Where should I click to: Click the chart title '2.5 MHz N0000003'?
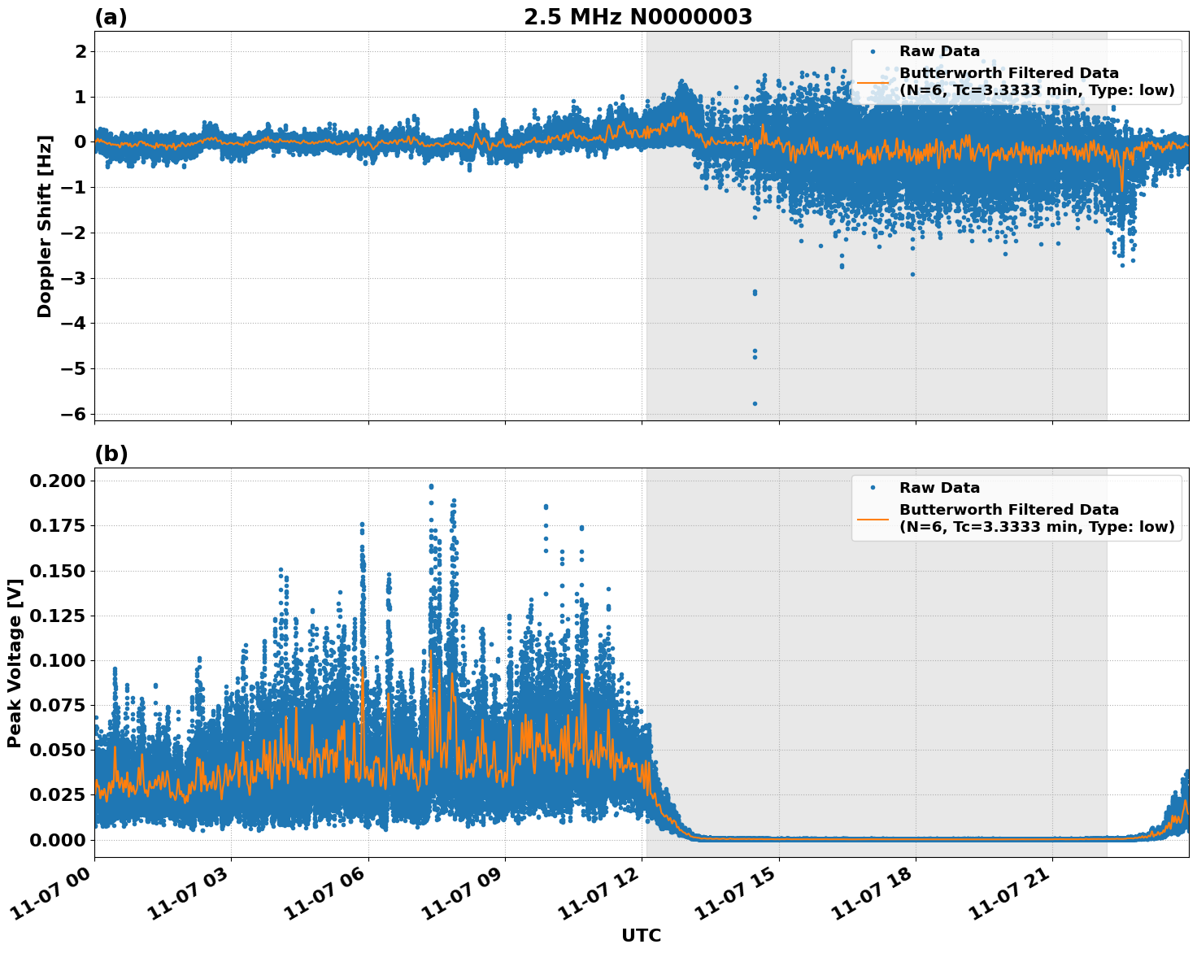pyautogui.click(x=638, y=17)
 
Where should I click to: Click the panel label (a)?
pyautogui.click(x=111, y=17)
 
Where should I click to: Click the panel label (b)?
pyautogui.click(x=111, y=454)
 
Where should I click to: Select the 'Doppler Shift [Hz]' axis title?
pyautogui.click(x=45, y=226)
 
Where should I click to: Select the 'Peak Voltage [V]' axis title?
pyautogui.click(x=15, y=663)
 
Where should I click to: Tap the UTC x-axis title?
pyautogui.click(x=641, y=935)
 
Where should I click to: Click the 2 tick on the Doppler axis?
pyautogui.click(x=81, y=51)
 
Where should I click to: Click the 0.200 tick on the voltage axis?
pyautogui.click(x=57, y=481)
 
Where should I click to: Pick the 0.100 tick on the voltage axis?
pyautogui.click(x=57, y=660)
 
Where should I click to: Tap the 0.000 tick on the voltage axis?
pyautogui.click(x=57, y=839)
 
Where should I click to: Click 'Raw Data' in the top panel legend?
pyautogui.click(x=939, y=51)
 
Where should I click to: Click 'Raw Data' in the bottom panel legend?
pyautogui.click(x=939, y=488)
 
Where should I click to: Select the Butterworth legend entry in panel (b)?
pyautogui.click(x=1036, y=518)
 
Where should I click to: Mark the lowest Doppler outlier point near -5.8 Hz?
pyautogui.click(x=755, y=403)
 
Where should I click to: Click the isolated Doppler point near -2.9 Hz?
pyautogui.click(x=912, y=274)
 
